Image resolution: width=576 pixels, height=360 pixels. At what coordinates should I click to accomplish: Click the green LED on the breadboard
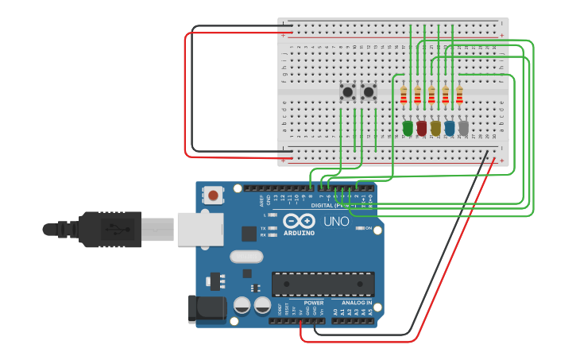408,127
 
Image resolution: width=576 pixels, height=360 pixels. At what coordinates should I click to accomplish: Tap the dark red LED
421,127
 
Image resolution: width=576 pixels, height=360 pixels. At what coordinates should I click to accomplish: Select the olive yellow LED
435,127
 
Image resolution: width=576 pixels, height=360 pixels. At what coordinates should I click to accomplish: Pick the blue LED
450,127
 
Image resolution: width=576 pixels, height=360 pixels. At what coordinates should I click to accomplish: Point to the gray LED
463,127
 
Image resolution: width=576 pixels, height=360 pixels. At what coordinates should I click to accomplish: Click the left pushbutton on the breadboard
347,92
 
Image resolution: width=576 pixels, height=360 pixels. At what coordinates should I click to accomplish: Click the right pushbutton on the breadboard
369,92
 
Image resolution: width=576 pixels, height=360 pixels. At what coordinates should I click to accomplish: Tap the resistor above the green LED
404,95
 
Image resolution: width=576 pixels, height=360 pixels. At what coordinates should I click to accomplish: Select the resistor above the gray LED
459,95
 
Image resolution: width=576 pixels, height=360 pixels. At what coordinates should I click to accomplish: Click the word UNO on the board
336,222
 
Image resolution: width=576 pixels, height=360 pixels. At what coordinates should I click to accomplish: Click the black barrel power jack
203,308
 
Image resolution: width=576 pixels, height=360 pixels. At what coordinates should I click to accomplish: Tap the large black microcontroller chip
323,284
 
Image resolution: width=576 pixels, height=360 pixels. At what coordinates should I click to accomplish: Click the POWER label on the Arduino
314,303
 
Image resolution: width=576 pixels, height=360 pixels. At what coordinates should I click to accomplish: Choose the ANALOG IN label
357,303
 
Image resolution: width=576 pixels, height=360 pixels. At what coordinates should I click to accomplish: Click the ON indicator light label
368,229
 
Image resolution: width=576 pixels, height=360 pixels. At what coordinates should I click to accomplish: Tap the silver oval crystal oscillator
246,257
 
